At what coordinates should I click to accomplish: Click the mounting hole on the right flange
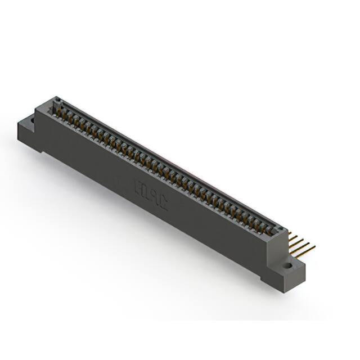[x=287, y=265]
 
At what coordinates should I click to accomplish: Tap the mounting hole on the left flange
[x=32, y=120]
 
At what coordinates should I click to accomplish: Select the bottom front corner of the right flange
[x=285, y=291]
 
